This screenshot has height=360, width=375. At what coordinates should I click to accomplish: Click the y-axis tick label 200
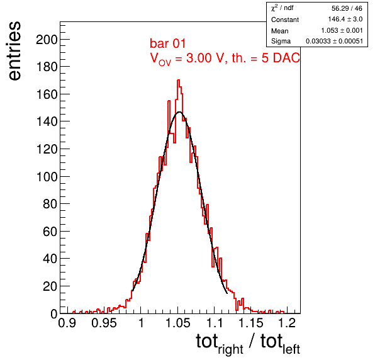[47, 40]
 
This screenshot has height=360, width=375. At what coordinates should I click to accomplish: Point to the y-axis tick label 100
[47, 177]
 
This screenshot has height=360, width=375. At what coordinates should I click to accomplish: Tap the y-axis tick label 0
[54, 314]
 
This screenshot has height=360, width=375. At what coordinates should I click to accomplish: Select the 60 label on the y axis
[50, 232]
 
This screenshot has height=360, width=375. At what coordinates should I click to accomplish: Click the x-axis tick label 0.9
[67, 323]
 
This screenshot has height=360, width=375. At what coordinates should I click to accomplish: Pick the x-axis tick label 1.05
[178, 323]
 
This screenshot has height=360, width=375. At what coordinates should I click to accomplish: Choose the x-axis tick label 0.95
[104, 323]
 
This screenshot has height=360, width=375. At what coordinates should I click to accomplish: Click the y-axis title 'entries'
[15, 51]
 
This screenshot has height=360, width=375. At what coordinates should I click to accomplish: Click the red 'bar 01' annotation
[167, 43]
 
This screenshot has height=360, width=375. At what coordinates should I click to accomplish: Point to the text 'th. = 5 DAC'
[266, 58]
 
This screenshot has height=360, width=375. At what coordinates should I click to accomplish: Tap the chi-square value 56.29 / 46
[347, 8]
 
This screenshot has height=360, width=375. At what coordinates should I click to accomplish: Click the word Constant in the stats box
[285, 20]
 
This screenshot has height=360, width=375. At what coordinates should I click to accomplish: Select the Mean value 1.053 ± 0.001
[342, 30]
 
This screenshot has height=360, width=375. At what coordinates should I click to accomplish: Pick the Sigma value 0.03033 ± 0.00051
[334, 41]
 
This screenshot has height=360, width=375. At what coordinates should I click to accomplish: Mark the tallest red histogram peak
[179, 80]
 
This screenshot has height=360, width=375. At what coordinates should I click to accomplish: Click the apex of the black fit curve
[179, 112]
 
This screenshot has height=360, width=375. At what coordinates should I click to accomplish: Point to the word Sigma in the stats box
[281, 41]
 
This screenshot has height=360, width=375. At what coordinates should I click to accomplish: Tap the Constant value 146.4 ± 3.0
[345, 19]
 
